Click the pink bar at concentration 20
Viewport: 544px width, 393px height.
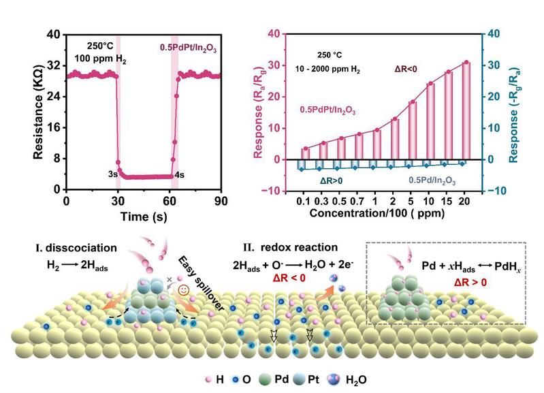point(466,111)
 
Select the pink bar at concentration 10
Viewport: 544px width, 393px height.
point(430,121)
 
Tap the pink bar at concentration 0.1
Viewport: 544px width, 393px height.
point(304,154)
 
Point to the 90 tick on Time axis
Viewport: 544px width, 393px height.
point(221,201)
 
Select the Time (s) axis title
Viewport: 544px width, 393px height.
point(144,217)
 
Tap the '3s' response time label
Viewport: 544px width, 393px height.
point(113,174)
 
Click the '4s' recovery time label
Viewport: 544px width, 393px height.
point(179,174)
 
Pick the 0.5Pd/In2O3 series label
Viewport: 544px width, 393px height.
point(432,180)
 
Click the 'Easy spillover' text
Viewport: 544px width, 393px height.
point(202,283)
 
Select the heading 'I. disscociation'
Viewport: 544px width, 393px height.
point(76,248)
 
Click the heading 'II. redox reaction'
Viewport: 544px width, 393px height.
point(291,247)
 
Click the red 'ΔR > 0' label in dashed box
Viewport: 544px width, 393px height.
point(470,283)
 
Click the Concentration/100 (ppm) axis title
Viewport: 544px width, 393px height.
point(377,213)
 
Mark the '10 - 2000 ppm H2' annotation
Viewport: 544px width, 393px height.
point(327,69)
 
